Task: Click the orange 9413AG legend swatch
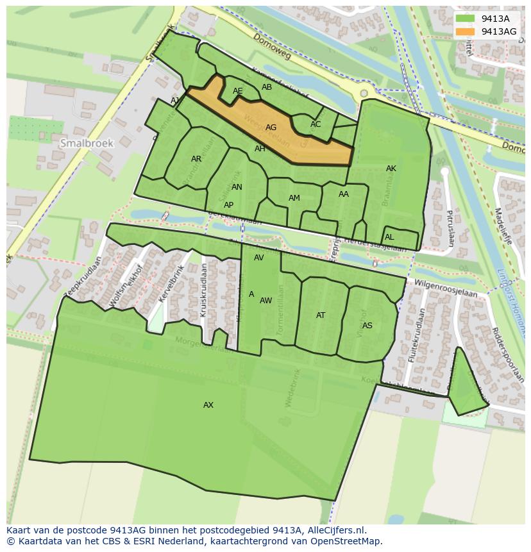[466, 31]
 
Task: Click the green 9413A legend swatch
[466, 19]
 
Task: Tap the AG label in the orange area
[271, 128]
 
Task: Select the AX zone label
[208, 405]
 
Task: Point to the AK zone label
[391, 169]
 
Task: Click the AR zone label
[196, 159]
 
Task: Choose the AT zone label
[321, 315]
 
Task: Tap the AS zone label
[367, 326]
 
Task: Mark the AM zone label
[294, 198]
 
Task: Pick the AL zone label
[389, 237]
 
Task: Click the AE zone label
[238, 91]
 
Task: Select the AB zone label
[267, 87]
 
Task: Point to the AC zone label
[316, 124]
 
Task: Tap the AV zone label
[259, 258]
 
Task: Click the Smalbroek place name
[87, 144]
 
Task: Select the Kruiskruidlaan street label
[203, 290]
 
